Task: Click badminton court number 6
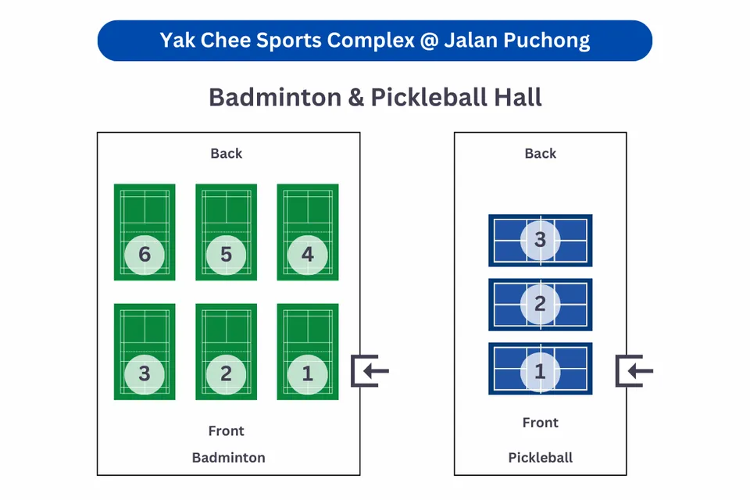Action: tap(145, 232)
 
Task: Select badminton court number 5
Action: tap(226, 232)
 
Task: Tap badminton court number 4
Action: tap(308, 232)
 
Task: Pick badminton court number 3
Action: tap(145, 352)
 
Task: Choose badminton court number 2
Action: tap(226, 352)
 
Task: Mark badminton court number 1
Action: tap(308, 352)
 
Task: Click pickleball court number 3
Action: tap(540, 239)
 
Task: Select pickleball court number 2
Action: tap(540, 304)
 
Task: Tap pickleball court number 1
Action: tap(540, 368)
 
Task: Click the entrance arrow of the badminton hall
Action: tap(370, 371)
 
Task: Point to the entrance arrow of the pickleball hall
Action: tap(634, 371)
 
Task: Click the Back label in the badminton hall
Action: tap(227, 153)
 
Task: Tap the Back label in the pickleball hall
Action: tap(541, 153)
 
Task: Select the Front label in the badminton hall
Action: tap(227, 430)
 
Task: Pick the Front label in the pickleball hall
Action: tap(541, 423)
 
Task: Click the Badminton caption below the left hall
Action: tap(229, 458)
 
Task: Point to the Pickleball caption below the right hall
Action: tap(541, 458)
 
